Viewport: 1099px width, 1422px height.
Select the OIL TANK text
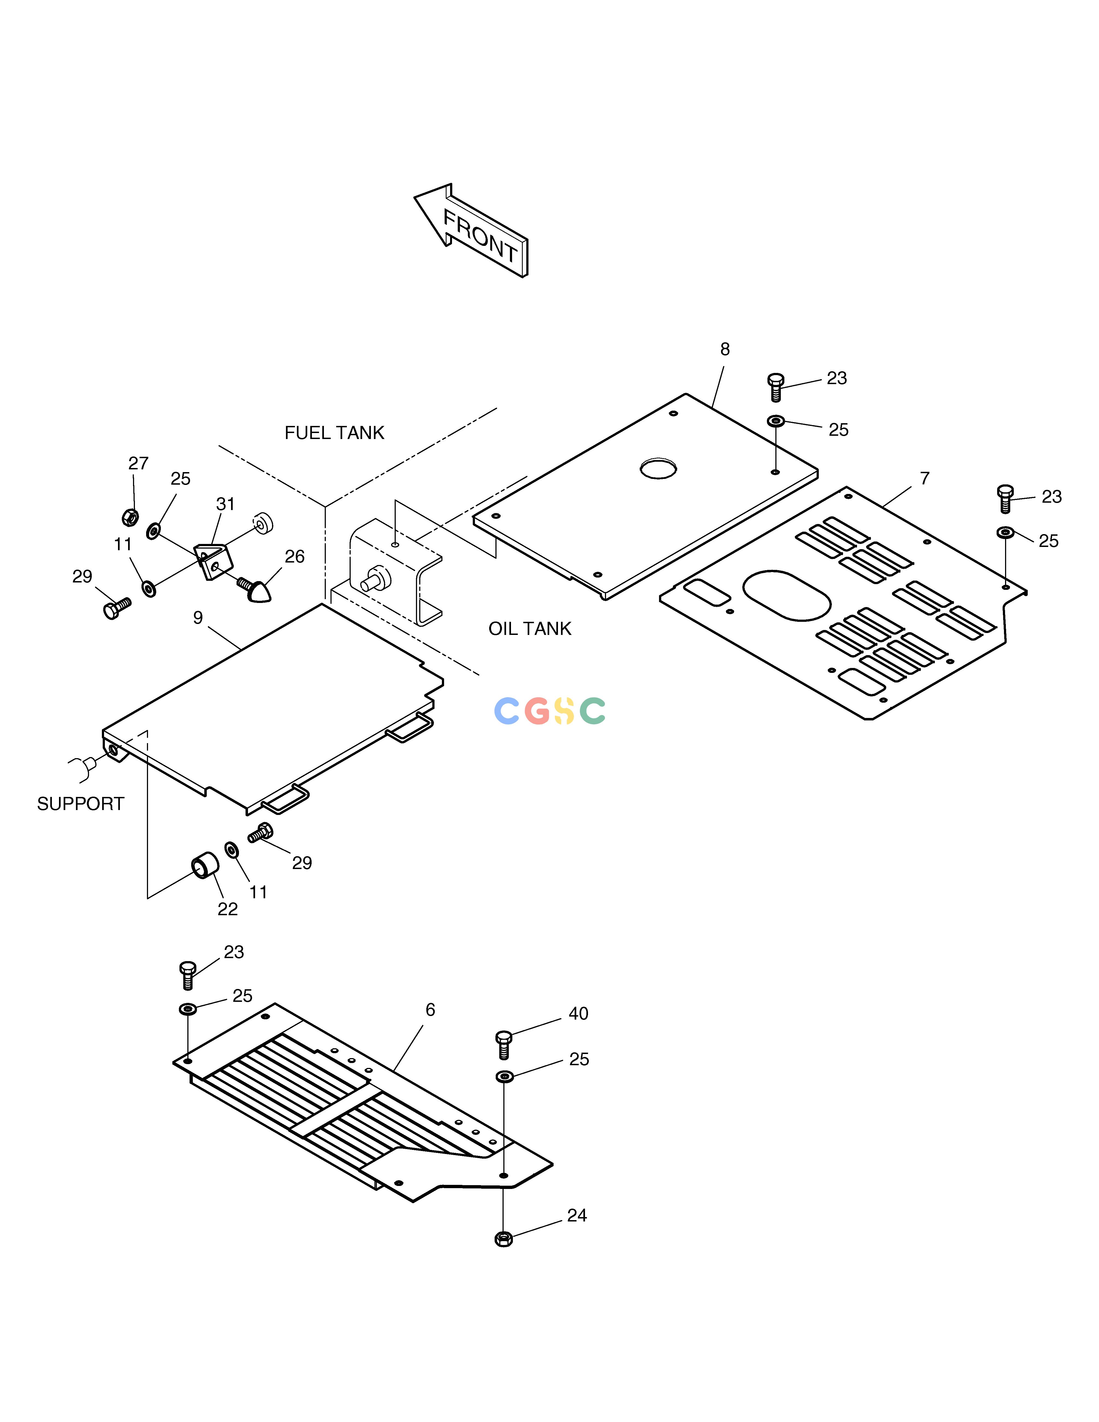coord(530,629)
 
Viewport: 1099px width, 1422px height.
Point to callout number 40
coord(578,1014)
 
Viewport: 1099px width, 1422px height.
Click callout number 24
coord(577,1216)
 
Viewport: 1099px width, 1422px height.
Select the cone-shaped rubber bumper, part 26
coord(256,588)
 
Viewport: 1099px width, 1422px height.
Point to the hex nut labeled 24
coord(503,1238)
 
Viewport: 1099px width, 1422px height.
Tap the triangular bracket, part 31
coord(214,561)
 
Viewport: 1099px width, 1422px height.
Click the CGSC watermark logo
coord(550,711)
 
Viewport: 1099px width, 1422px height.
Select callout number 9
coord(198,618)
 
